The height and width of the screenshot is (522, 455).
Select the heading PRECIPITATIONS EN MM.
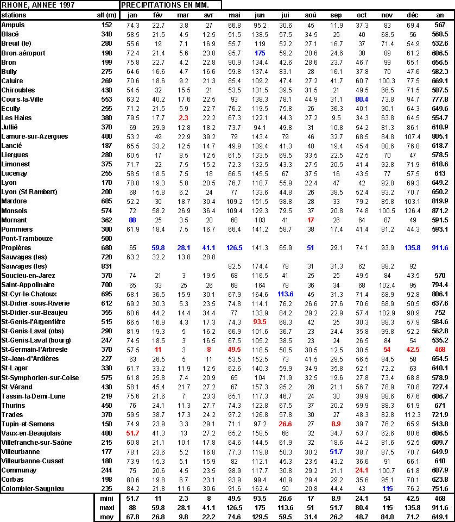pyautogui.click(x=163, y=5)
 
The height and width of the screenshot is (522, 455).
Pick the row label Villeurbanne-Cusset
pyautogui.click(x=33, y=461)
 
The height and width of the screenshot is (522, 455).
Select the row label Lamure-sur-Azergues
pyautogui.click(x=34, y=136)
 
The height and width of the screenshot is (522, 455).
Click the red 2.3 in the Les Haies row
pyautogui.click(x=184, y=117)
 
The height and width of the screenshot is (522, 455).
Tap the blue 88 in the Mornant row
pyautogui.click(x=132, y=220)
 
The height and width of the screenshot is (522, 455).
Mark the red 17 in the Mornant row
pyautogui.click(x=311, y=220)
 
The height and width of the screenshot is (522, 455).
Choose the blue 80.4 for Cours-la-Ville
pyautogui.click(x=362, y=99)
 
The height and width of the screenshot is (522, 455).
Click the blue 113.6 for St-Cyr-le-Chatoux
pyautogui.click(x=286, y=294)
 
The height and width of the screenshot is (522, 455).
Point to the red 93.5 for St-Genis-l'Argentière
pyautogui.click(x=260, y=322)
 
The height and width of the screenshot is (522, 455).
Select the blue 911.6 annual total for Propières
pyautogui.click(x=440, y=247)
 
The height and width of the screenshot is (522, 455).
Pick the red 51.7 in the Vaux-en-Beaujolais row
pyautogui.click(x=132, y=433)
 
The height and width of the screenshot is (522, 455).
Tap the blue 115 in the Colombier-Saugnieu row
pyautogui.click(x=387, y=489)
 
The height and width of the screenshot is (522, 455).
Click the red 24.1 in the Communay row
pyautogui.click(x=362, y=470)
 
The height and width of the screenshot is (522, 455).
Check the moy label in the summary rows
pyautogui.click(x=106, y=517)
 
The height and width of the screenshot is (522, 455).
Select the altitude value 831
pyautogui.click(x=106, y=266)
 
